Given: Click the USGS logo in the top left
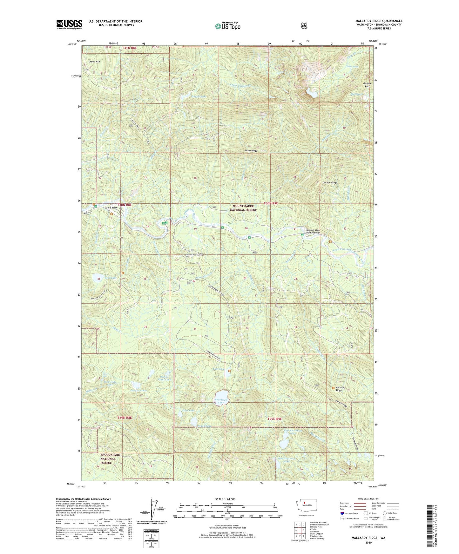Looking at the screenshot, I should tap(69, 24).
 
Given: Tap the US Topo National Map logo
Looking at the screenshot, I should tap(227, 26).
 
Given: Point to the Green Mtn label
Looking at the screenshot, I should tap(94, 62).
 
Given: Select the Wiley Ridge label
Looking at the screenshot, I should tap(251, 151).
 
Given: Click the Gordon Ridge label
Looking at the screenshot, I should tap(330, 183).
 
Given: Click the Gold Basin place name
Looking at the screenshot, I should tap(111, 208).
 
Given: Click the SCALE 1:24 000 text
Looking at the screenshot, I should tap(225, 499).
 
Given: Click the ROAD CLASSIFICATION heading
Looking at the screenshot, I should tap(368, 499).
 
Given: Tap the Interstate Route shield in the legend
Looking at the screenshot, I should tap(342, 513).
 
